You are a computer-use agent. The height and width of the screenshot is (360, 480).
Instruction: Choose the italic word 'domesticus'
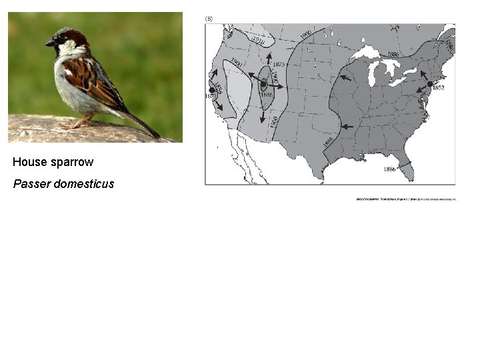pyautogui.click(x=84, y=183)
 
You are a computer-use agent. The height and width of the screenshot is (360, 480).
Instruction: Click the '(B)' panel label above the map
pyautogui.click(x=209, y=19)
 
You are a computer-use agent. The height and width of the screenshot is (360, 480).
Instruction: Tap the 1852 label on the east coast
pyautogui.click(x=439, y=88)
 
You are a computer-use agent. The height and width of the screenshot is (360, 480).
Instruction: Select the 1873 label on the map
pyautogui.click(x=278, y=64)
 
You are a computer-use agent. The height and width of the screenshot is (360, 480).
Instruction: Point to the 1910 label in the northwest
pyautogui.click(x=258, y=41)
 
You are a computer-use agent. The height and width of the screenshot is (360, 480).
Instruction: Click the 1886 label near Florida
pyautogui.click(x=389, y=169)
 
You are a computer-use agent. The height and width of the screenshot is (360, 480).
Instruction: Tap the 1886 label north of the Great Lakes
pyautogui.click(x=392, y=54)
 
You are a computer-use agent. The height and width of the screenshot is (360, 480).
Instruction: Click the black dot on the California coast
pyautogui.click(x=213, y=89)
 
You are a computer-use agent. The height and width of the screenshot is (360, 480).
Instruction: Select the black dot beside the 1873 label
pyautogui.click(x=264, y=85)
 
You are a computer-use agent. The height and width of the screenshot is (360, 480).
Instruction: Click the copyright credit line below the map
pyautogui.click(x=407, y=199)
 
